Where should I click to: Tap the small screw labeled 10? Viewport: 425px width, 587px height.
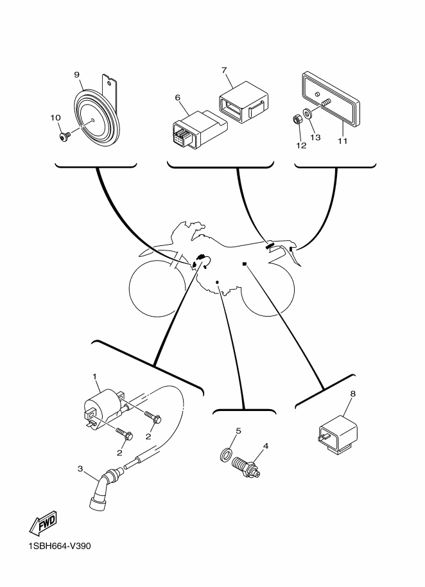coord(64,137)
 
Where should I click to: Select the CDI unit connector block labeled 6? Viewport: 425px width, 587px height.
coord(198,129)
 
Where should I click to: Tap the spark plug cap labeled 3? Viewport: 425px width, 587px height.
coord(103,488)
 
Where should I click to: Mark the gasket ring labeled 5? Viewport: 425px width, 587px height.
coord(225,455)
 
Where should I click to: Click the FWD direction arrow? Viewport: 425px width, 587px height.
coord(44,522)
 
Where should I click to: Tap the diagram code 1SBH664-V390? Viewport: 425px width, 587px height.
coord(60,546)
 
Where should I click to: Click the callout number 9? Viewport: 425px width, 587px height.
coord(76,75)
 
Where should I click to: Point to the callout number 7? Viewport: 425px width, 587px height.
coord(224,71)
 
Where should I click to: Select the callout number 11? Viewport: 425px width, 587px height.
coord(343,141)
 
